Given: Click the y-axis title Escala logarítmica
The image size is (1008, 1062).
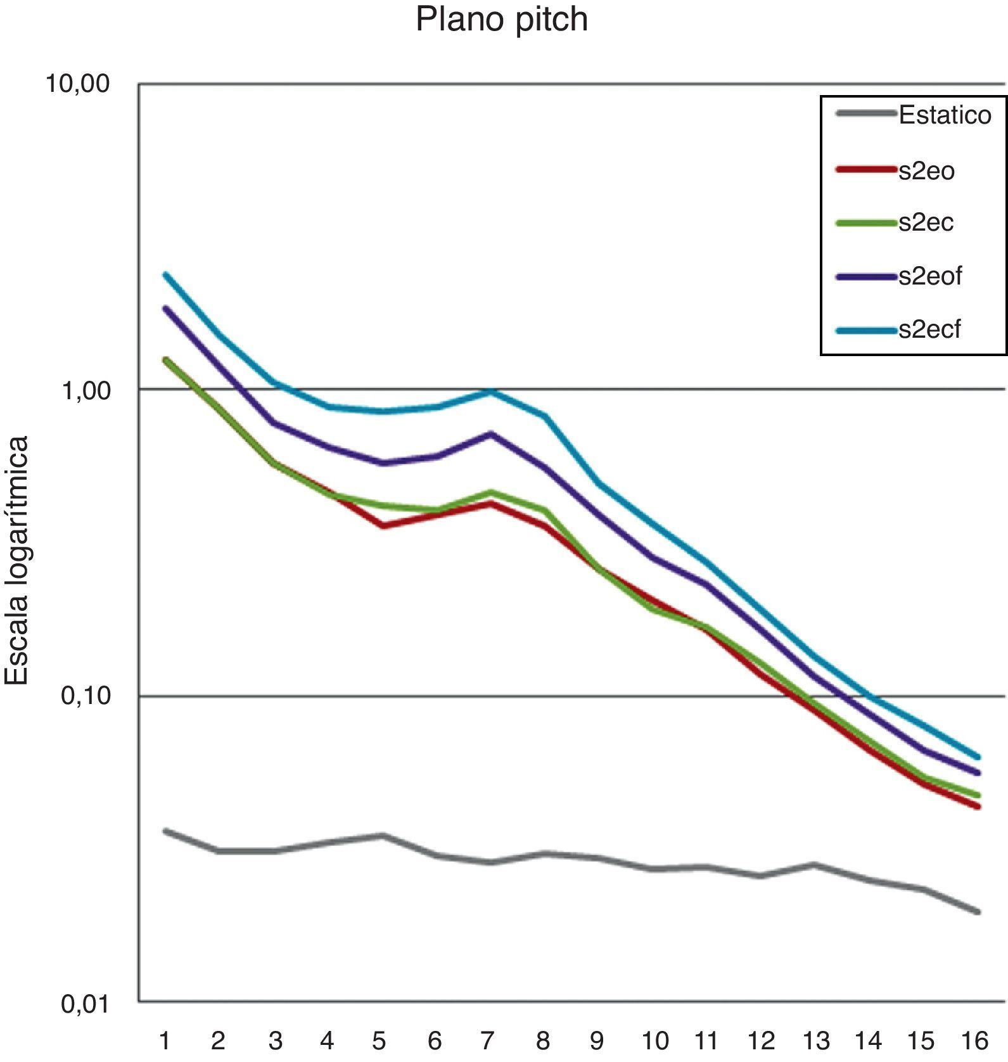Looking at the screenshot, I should pyautogui.click(x=17, y=560).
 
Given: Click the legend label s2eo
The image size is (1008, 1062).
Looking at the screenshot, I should pyautogui.click(x=926, y=170).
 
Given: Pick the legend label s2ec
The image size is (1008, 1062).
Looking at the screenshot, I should pyautogui.click(x=926, y=222).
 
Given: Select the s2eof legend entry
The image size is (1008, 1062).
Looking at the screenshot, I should pyautogui.click(x=930, y=276).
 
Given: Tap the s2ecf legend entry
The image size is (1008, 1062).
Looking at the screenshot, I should pyautogui.click(x=929, y=329).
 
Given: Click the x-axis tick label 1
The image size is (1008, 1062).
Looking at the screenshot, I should pyautogui.click(x=165, y=1040).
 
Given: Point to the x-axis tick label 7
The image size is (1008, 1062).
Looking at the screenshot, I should pyautogui.click(x=487, y=1040).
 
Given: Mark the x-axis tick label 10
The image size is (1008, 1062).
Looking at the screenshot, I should pyautogui.click(x=654, y=1040).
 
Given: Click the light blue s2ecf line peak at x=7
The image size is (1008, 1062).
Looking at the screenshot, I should pyautogui.click(x=491, y=392).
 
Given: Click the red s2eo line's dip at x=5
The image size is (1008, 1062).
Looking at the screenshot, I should pyautogui.click(x=383, y=525).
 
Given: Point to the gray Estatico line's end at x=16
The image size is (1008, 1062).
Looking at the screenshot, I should pyautogui.click(x=978, y=912).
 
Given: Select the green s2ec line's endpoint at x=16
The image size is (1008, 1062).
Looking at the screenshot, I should pyautogui.click(x=978, y=795).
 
